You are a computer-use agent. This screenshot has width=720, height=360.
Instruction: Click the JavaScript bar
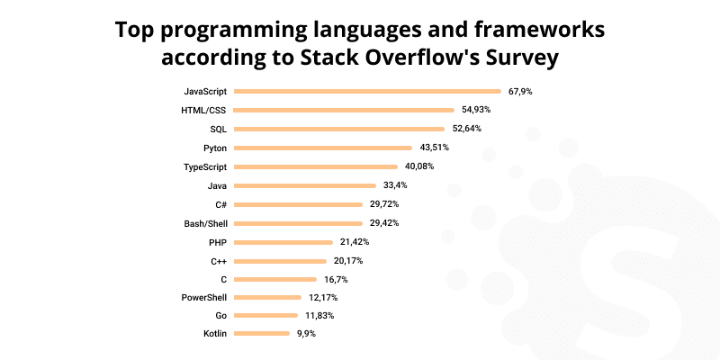click(368, 91)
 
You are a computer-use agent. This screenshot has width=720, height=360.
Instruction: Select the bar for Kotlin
click(261, 334)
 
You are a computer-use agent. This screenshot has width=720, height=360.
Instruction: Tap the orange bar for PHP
click(283, 241)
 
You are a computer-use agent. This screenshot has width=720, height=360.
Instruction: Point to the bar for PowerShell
click(267, 297)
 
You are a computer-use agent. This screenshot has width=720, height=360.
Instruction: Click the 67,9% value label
click(520, 91)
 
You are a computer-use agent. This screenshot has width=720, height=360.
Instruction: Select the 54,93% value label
click(475, 110)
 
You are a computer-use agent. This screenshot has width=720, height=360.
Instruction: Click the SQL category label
click(219, 129)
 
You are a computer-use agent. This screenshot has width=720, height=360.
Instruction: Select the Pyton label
click(216, 148)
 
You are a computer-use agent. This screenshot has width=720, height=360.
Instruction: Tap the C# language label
click(220, 204)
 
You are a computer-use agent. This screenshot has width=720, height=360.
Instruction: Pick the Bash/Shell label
click(205, 222)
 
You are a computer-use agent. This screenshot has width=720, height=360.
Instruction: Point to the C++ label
click(219, 260)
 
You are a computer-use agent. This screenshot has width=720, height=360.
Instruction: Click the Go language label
click(220, 316)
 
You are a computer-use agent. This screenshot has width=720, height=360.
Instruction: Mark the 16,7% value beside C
click(337, 279)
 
